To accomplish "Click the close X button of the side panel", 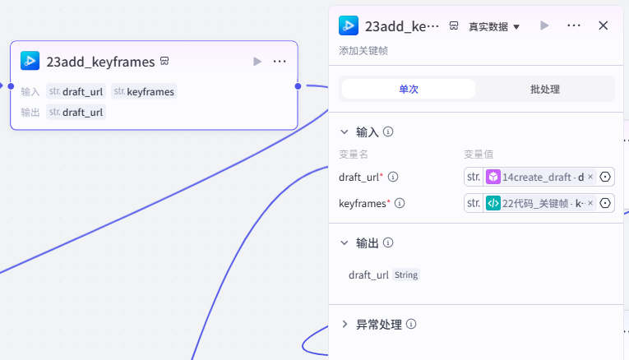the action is point(603,25).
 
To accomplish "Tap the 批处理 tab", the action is point(545,89).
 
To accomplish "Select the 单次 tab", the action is point(409,89).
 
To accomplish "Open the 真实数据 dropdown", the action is point(494,27).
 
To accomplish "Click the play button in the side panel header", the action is point(544,25).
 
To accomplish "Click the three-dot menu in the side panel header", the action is point(574,25).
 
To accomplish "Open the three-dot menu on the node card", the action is point(280,62).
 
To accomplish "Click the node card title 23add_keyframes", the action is point(100,62).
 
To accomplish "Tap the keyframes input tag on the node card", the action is point(144,91).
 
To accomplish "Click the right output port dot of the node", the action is point(298,86).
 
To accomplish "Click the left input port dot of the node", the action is point(11,86).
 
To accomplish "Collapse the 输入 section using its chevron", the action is point(345,132).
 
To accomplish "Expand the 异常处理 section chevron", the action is point(345,324).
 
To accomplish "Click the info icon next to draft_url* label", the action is point(393,177).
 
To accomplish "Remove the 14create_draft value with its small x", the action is point(590,177).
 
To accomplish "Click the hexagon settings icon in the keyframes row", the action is point(605,203).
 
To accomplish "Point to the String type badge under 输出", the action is point(406,275).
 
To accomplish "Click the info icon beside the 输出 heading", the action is point(388,242).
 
